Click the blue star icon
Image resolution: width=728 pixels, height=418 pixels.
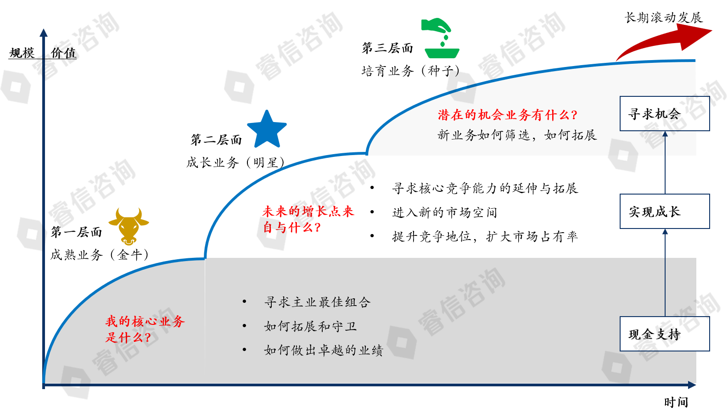(267, 130)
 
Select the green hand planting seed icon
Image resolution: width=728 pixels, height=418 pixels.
(440, 39)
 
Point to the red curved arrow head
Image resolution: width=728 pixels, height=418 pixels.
(695, 35)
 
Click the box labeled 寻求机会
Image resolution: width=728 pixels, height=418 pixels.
(664, 114)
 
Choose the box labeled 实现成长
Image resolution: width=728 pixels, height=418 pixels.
(664, 212)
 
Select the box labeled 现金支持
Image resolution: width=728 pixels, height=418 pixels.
(664, 334)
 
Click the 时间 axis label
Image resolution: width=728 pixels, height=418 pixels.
(676, 402)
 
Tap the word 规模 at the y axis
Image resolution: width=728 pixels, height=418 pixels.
(22, 53)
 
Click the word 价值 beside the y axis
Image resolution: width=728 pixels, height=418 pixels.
(63, 53)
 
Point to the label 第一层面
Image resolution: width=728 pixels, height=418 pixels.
(76, 232)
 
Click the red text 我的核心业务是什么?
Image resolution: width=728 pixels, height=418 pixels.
(145, 329)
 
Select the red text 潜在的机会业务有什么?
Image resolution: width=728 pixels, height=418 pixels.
(507, 115)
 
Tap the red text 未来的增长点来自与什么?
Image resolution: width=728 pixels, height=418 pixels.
(308, 219)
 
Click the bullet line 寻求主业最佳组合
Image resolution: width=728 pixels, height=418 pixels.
(317, 302)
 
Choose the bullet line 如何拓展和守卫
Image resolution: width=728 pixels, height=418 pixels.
(310, 326)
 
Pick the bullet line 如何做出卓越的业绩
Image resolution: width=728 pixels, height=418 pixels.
(323, 350)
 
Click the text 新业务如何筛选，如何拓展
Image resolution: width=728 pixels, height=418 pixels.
(517, 135)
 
